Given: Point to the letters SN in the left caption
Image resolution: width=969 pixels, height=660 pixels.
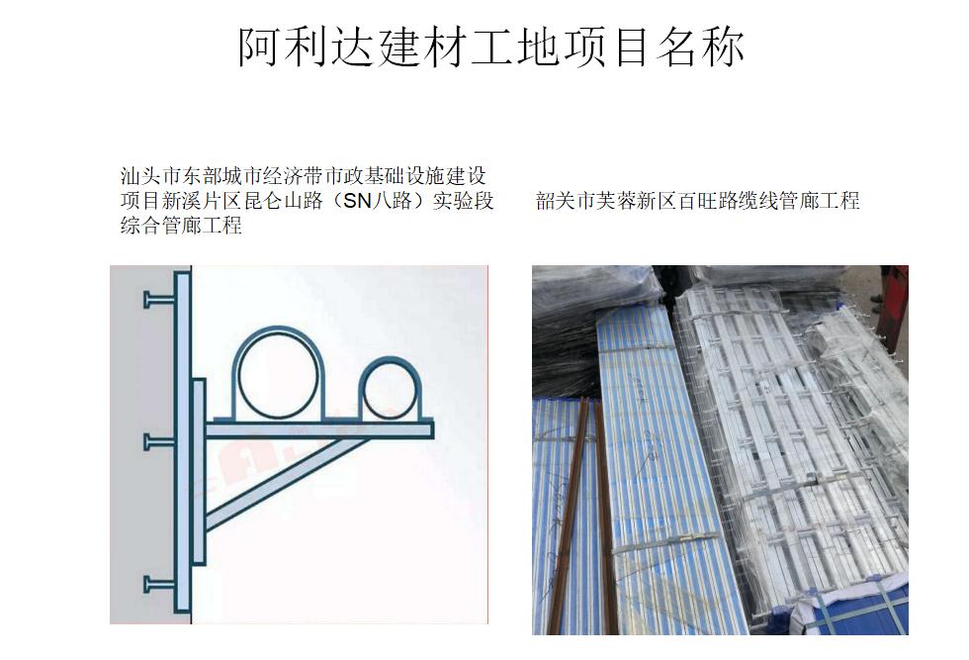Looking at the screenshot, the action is pos(358,201).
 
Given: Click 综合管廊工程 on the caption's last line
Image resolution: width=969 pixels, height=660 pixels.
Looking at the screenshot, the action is pos(181,226).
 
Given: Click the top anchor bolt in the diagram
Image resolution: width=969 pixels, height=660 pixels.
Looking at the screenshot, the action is pos(159,300).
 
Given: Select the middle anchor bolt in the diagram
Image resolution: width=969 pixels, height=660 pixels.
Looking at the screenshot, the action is pos(159,442).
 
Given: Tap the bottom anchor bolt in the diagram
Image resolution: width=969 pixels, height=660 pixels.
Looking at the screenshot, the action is pos(159,585).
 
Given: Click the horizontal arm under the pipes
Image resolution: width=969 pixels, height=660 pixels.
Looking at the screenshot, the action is pos(319,429).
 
